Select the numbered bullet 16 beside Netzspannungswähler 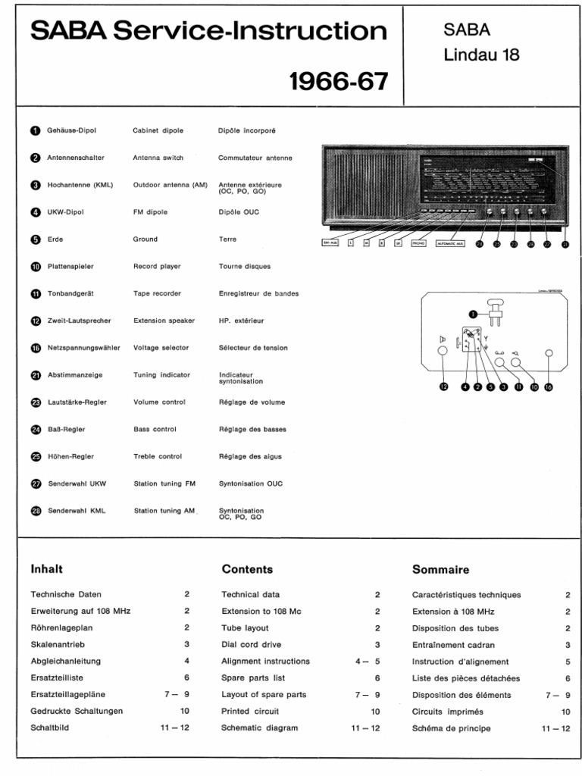36,348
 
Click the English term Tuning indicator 161,375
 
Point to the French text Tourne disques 244,267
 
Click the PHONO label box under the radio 419,243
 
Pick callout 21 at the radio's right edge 565,244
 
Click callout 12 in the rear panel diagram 443,386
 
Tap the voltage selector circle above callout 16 549,353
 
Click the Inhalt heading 46,569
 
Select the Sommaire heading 440,569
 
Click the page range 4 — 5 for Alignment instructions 367,662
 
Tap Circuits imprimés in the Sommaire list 447,712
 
